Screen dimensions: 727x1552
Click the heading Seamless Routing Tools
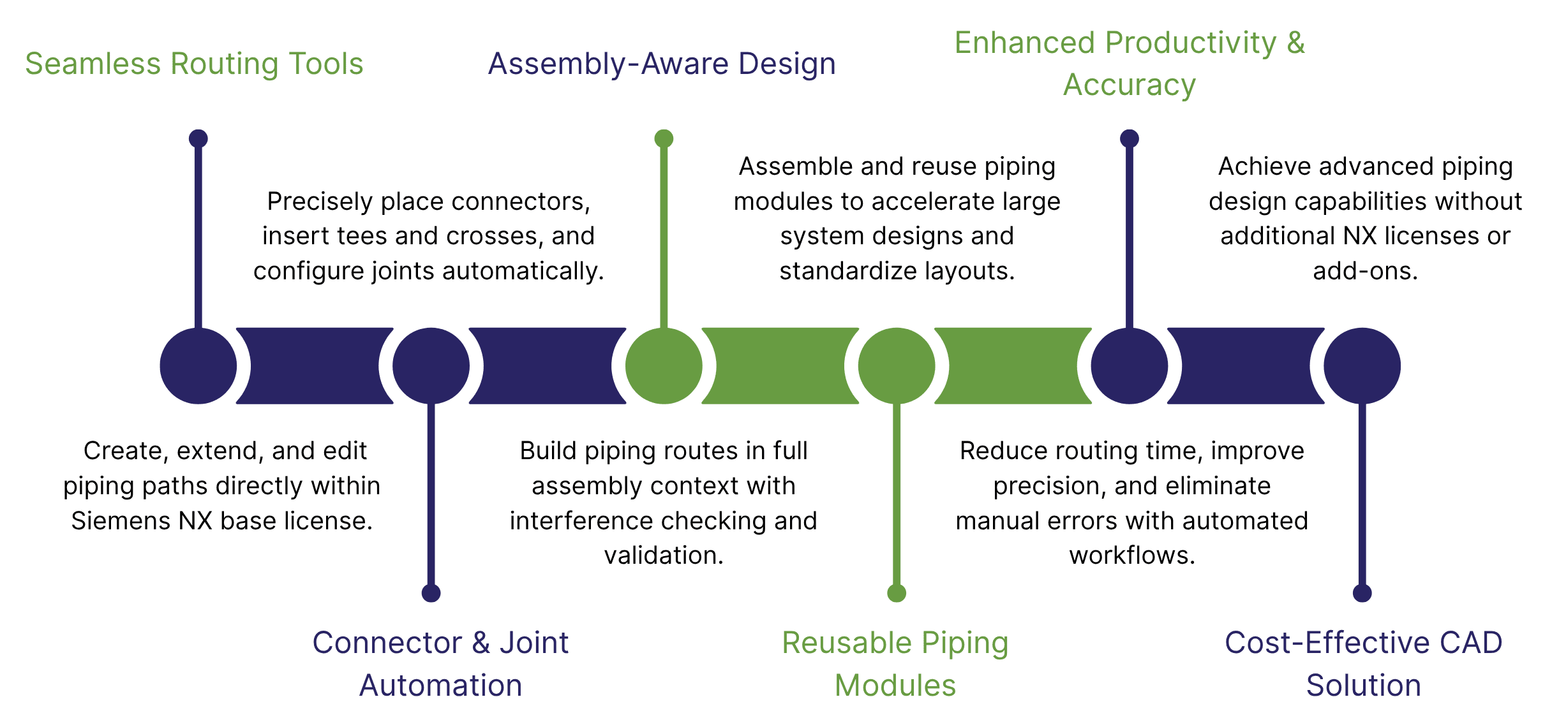coord(194,64)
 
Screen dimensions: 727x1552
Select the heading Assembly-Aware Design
coord(662,64)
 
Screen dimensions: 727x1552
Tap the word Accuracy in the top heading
coord(1129,85)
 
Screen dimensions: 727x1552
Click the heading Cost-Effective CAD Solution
coord(1363,663)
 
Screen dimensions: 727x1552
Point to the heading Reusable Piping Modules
coord(895,663)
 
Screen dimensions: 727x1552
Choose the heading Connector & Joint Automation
coord(440,663)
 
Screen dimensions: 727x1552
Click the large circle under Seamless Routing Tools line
coord(198,366)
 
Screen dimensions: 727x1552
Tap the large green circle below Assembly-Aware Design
coord(664,366)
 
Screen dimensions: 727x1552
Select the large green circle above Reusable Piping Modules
coord(896,366)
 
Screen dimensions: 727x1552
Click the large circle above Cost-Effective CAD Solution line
coord(1362,366)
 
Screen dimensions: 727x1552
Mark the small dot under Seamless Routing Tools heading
coord(198,138)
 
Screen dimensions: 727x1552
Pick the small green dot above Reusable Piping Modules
coord(896,593)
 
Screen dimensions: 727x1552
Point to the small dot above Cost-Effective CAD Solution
coord(1362,593)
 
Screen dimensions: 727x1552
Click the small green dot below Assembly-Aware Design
coord(664,138)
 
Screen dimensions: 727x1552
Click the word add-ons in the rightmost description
coord(1365,271)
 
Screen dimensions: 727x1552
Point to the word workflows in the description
coord(1131,555)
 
